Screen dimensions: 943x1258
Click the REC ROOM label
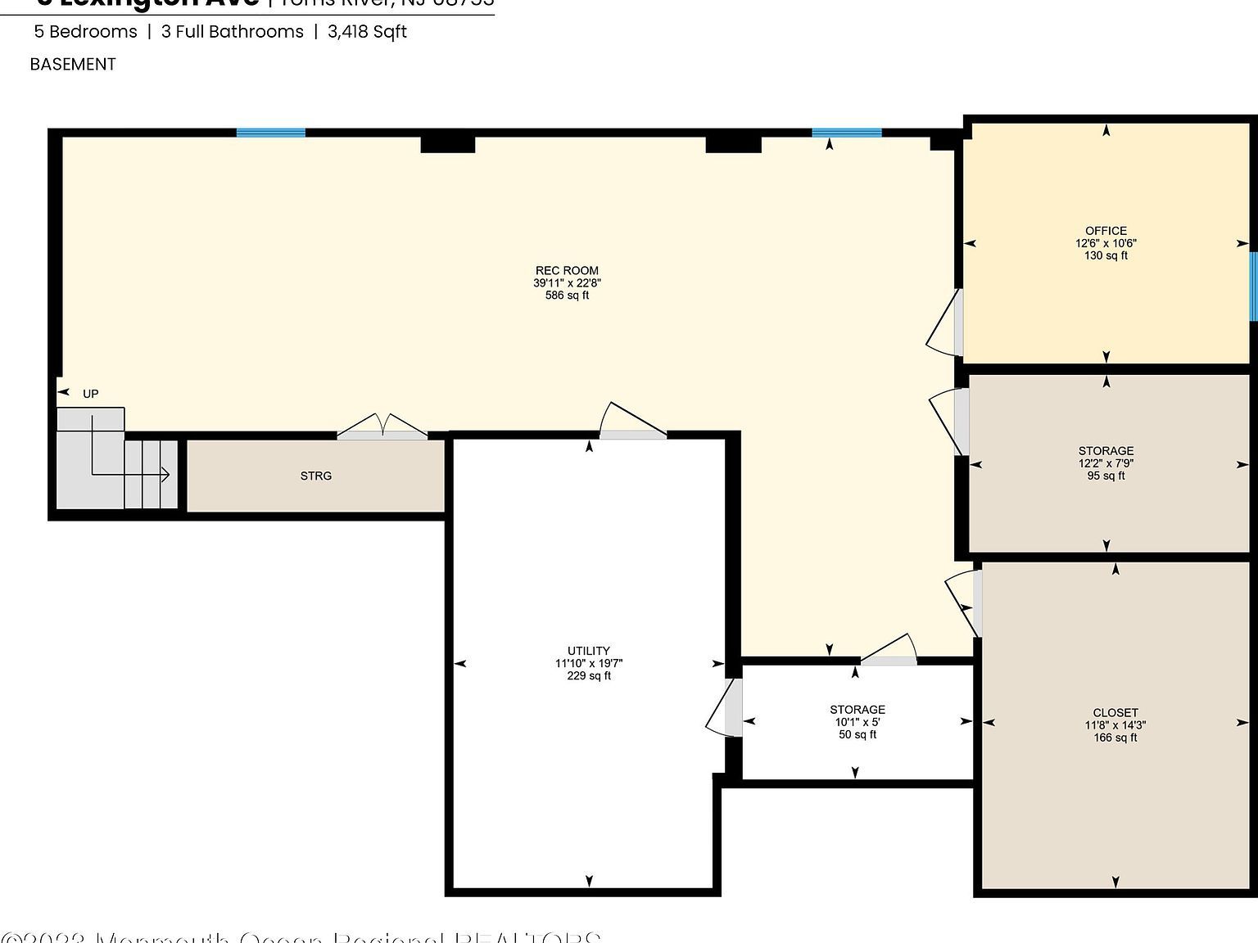tap(567, 270)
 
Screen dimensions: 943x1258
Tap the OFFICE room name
tap(1106, 231)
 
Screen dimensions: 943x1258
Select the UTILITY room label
tap(588, 651)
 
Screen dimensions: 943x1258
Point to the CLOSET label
tap(1115, 712)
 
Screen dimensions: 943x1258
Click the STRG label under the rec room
tap(316, 476)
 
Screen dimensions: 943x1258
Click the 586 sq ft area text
tap(567, 296)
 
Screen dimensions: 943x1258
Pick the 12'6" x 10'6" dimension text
tap(1106, 243)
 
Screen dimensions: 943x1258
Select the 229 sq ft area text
tap(588, 676)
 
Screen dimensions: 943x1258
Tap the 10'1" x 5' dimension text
tap(857, 722)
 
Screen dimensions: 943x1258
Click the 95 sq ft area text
tap(1106, 476)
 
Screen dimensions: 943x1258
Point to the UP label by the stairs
tap(90, 394)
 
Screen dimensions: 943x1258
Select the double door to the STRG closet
tap(382, 427)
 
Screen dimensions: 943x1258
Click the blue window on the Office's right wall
tap(1252, 287)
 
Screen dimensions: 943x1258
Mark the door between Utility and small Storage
tap(725, 708)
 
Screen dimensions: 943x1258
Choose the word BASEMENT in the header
tap(73, 64)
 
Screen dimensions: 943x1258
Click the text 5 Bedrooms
tap(85, 32)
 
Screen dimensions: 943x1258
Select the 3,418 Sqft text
tap(367, 32)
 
